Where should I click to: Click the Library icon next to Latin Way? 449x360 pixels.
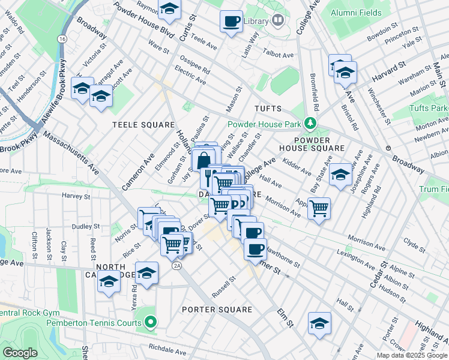(277, 22)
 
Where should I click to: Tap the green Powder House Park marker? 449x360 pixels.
(310, 124)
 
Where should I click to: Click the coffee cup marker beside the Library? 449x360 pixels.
(231, 22)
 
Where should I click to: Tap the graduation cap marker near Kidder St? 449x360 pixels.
(340, 175)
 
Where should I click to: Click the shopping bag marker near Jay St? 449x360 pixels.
(203, 161)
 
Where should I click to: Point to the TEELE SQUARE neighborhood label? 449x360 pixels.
(135, 124)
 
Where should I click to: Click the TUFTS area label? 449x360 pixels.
(268, 108)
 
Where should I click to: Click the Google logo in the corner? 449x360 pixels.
(20, 352)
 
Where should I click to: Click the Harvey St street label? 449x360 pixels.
(76, 196)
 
